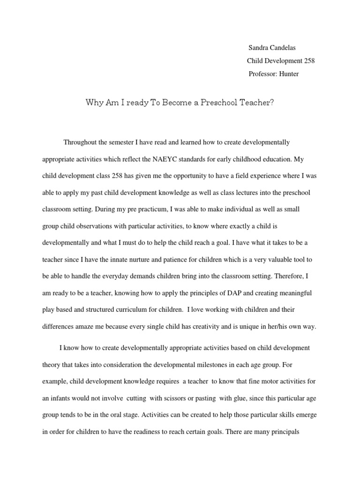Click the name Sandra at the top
pos(258,48)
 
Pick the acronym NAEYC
pos(165,159)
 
